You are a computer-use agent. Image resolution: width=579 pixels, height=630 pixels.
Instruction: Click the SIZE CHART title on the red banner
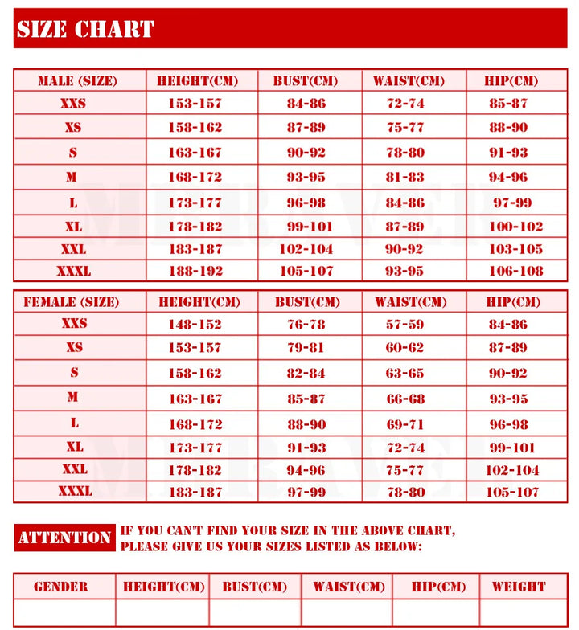[85, 30]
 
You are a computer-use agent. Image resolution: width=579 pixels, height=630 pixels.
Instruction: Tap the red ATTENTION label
[64, 538]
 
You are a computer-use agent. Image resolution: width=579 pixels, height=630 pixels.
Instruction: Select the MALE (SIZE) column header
[77, 81]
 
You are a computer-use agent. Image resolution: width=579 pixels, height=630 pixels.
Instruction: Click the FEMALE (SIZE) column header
[72, 302]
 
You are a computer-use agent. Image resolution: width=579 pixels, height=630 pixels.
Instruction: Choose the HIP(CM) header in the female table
[513, 302]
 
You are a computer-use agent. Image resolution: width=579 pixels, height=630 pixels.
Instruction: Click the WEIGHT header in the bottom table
[519, 587]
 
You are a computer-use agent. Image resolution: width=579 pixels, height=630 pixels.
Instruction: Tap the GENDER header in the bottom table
[61, 587]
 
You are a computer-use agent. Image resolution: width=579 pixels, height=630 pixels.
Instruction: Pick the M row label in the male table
[72, 177]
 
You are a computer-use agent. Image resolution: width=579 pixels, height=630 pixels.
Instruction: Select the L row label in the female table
[74, 423]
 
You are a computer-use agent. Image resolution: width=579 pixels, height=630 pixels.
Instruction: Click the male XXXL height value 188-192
[195, 271]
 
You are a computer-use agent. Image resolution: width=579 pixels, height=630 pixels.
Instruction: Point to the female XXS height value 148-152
[195, 324]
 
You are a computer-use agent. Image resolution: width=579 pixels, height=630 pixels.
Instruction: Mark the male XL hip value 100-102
[515, 227]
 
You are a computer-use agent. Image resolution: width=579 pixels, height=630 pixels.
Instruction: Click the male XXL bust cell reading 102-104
[306, 249]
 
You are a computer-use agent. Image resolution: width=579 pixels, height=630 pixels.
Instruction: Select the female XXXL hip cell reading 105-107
[513, 492]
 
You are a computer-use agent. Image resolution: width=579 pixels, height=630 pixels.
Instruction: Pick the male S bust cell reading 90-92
[306, 152]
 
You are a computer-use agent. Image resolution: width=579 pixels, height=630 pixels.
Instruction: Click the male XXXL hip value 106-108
[515, 271]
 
